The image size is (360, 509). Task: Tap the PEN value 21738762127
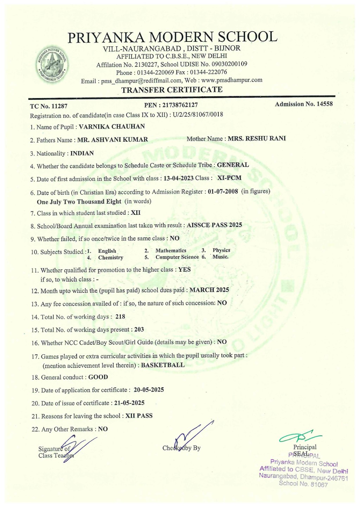(x=180, y=105)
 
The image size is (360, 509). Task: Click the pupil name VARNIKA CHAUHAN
(x=112, y=127)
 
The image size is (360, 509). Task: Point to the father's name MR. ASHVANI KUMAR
(x=112, y=140)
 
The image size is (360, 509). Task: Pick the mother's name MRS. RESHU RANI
(x=257, y=138)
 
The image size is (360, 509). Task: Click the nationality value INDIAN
(x=82, y=153)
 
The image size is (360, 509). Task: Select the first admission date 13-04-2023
(x=179, y=178)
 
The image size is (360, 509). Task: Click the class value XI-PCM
(x=229, y=178)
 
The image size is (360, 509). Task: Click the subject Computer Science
(x=177, y=257)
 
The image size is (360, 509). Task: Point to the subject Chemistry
(x=111, y=258)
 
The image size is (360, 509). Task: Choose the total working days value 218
(x=120, y=316)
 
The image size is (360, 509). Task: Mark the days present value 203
(x=139, y=329)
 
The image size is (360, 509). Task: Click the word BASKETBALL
(x=163, y=365)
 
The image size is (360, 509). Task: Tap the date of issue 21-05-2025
(x=129, y=403)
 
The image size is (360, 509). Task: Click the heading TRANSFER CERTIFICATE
(x=172, y=90)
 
